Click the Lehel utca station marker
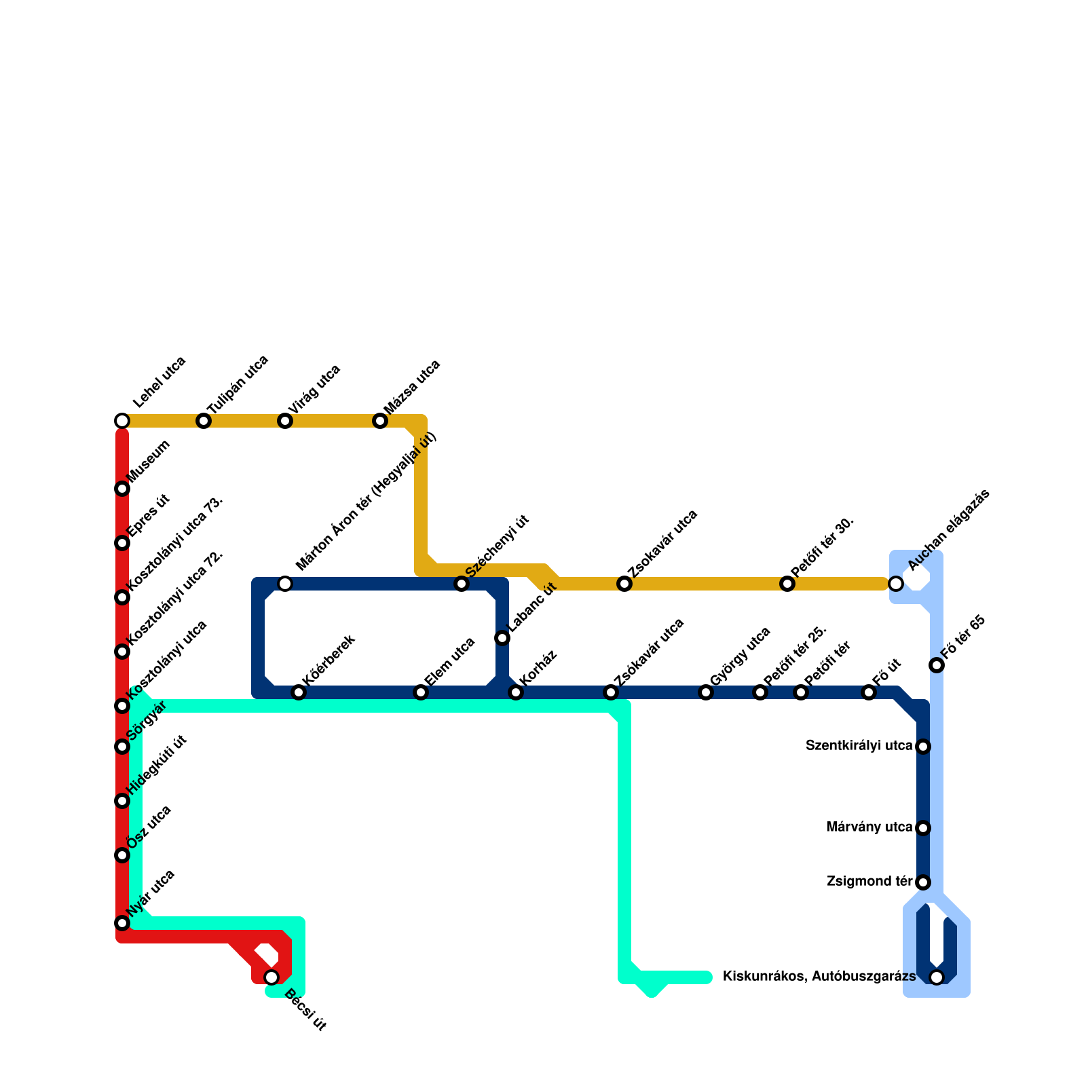click(122, 421)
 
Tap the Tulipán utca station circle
click(204, 421)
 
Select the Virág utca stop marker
click(285, 421)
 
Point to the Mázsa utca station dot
click(380, 421)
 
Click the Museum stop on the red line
click(122, 489)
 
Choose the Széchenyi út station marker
click(462, 584)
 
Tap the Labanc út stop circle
click(502, 638)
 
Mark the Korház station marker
click(516, 692)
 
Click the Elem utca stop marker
click(421, 692)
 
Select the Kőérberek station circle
click(299, 692)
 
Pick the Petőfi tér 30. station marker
click(787, 584)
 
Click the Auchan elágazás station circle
click(896, 584)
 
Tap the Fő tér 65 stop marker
click(937, 665)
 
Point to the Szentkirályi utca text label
click(859, 746)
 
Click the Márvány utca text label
click(869, 827)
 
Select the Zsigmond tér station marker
click(923, 882)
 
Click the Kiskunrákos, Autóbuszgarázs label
click(819, 977)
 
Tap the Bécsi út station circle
click(271, 977)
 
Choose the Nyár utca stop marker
click(122, 923)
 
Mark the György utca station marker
click(706, 692)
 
